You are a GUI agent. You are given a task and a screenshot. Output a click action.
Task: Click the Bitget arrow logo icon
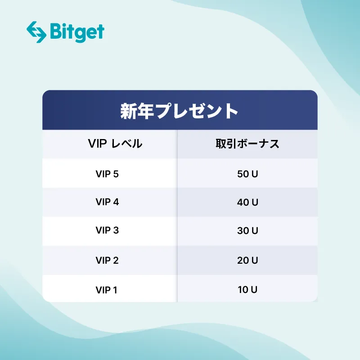(x=36, y=32)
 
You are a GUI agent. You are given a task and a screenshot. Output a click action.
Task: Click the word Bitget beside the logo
(x=76, y=31)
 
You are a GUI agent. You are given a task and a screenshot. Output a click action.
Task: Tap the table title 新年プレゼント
(x=179, y=111)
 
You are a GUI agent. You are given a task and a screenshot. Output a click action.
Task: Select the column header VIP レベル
(x=115, y=144)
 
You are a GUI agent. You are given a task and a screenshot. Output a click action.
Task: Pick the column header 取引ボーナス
(x=247, y=144)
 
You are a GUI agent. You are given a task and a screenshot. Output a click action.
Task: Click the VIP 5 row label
(x=107, y=174)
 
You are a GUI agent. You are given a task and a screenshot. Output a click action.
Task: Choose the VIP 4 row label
(x=107, y=202)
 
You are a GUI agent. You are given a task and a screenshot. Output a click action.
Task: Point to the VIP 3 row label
(x=107, y=230)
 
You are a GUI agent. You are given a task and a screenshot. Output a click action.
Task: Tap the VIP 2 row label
(x=107, y=260)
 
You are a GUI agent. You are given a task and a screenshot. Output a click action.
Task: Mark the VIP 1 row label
(x=106, y=290)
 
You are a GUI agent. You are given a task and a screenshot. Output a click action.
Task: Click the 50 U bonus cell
(x=247, y=174)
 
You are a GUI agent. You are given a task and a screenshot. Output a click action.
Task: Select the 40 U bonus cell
(x=247, y=202)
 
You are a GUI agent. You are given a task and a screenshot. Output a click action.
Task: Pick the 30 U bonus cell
(x=247, y=230)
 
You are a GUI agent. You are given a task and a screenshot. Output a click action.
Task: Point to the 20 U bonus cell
(x=247, y=260)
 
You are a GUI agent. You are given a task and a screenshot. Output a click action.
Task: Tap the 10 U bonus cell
(x=247, y=290)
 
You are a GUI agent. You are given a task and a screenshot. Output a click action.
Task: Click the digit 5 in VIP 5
(x=116, y=174)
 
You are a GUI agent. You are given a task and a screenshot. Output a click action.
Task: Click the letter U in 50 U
(x=255, y=174)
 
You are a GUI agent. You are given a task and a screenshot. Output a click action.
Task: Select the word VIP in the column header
(x=97, y=144)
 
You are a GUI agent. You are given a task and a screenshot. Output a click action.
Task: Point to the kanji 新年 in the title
(x=137, y=111)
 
